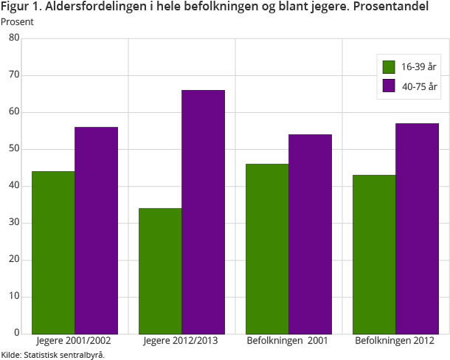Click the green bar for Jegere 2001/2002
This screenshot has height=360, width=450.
click(53, 252)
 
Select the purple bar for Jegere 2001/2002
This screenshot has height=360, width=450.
click(96, 230)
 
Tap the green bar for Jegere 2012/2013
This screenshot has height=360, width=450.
click(160, 271)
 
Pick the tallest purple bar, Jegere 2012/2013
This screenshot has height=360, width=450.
click(203, 212)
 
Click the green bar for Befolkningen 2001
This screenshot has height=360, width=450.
click(267, 249)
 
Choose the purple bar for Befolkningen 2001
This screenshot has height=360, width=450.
click(310, 234)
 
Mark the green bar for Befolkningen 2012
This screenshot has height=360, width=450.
click(374, 254)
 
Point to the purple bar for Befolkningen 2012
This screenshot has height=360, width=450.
click(417, 228)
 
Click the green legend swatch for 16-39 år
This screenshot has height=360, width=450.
click(390, 67)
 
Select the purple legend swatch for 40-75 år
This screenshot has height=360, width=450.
click(390, 86)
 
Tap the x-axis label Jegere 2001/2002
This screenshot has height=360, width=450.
click(75, 342)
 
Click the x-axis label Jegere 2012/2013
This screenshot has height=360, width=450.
click(181, 342)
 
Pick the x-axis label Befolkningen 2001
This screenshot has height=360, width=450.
click(288, 342)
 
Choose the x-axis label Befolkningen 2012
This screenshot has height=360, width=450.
click(395, 342)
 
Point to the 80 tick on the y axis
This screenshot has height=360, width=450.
click(14, 38)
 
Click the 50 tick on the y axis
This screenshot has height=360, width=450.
click(14, 149)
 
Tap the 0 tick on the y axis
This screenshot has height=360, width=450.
click(16, 333)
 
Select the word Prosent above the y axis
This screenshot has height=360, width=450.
click(17, 21)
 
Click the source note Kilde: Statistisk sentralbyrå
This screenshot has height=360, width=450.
click(53, 355)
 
